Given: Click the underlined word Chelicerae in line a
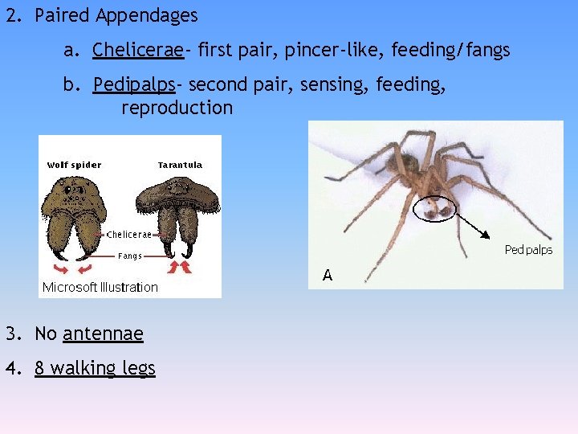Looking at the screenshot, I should [x=138, y=51].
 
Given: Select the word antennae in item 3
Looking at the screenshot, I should [x=103, y=334].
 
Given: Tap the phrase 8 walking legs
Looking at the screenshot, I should [x=95, y=368].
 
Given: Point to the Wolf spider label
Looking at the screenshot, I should [x=74, y=165].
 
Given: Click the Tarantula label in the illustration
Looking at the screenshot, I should [x=180, y=165].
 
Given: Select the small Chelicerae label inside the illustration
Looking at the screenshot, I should [x=128, y=235].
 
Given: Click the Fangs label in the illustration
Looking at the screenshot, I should [x=130, y=256].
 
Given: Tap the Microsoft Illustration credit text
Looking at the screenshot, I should [x=100, y=287].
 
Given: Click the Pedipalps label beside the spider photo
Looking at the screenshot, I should [x=528, y=250].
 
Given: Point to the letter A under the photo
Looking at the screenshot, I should [x=328, y=276].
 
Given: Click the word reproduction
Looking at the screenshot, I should [x=177, y=108].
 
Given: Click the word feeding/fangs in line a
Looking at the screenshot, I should [x=450, y=51].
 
